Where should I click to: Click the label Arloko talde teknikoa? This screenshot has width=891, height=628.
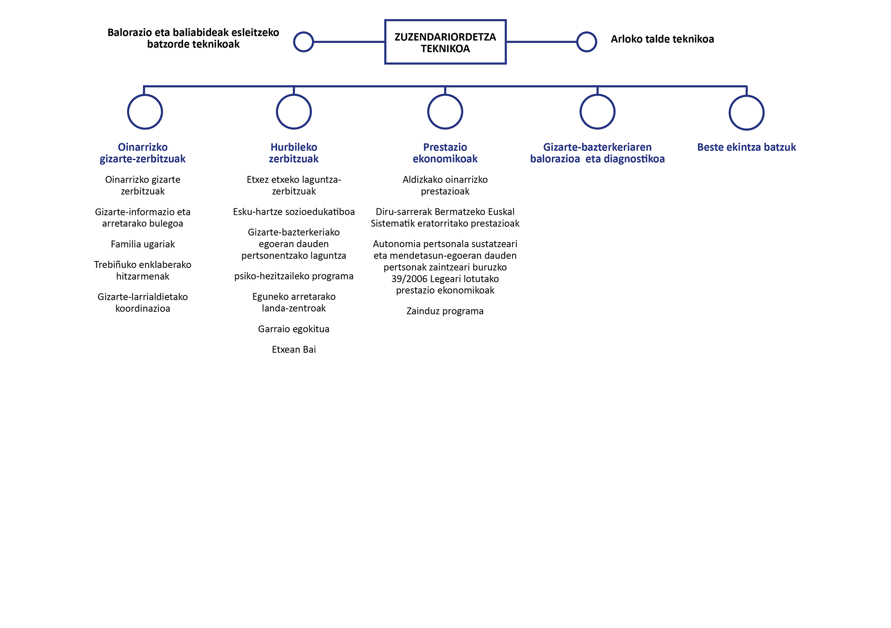click(662, 39)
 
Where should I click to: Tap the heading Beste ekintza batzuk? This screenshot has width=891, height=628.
click(746, 147)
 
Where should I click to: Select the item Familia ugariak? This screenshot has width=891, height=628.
click(143, 244)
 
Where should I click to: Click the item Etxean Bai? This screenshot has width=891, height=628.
click(294, 349)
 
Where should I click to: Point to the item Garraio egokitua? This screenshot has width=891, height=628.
click(294, 329)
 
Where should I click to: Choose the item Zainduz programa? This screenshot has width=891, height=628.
click(445, 311)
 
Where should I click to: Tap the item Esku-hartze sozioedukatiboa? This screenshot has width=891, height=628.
click(294, 212)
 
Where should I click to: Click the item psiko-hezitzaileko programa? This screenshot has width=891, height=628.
click(294, 276)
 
